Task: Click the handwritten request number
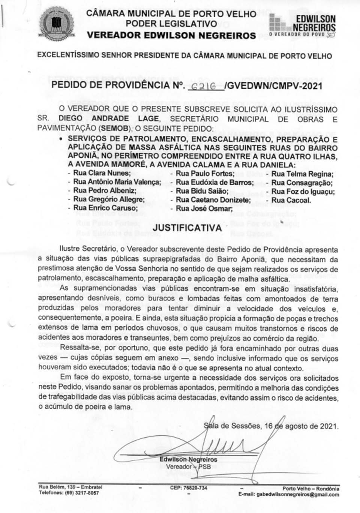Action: (x=203, y=86)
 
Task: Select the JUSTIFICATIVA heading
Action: (x=187, y=228)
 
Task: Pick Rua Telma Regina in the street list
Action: (x=302, y=174)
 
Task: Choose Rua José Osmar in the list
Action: (x=204, y=208)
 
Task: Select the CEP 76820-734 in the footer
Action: (x=188, y=488)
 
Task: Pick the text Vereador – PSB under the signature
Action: (x=188, y=467)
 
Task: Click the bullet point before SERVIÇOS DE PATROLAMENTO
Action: (x=61, y=138)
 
